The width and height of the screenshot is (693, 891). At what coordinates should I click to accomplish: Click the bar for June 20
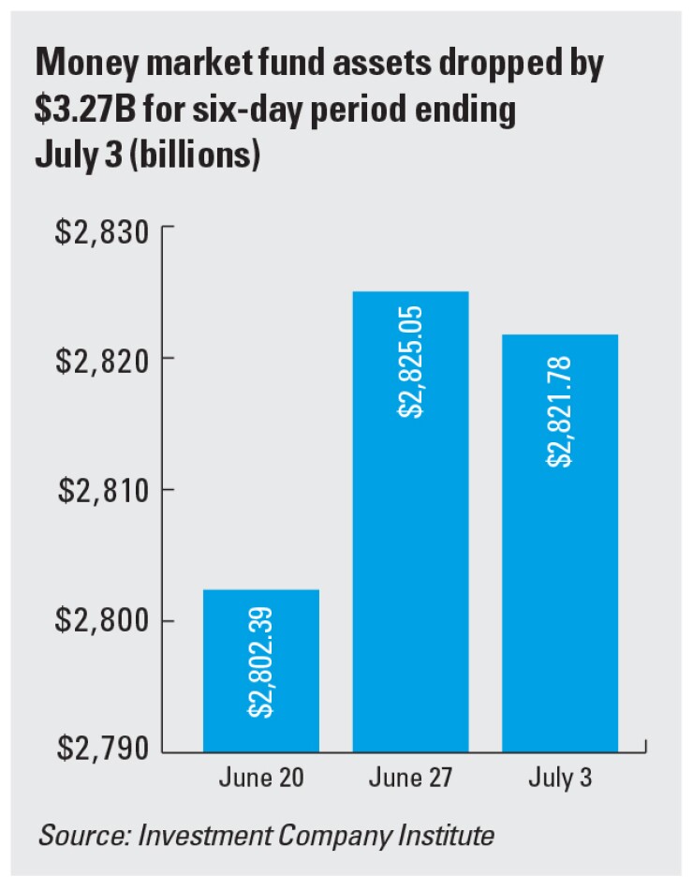point(261,670)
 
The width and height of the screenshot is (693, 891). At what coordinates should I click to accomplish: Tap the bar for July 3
point(560,542)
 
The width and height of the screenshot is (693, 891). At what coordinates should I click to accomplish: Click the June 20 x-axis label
point(261,779)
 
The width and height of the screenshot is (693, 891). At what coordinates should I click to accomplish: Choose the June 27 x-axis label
point(411,779)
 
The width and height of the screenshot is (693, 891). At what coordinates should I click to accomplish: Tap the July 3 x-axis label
point(560,779)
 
